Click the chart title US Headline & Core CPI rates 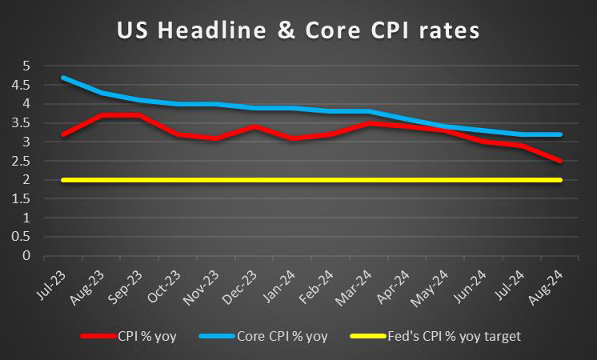[298, 31]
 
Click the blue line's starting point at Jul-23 [62, 78]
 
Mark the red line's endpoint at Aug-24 [561, 161]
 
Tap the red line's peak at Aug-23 [101, 115]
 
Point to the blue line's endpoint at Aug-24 [561, 134]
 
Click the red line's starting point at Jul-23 [62, 134]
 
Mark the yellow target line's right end [561, 180]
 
